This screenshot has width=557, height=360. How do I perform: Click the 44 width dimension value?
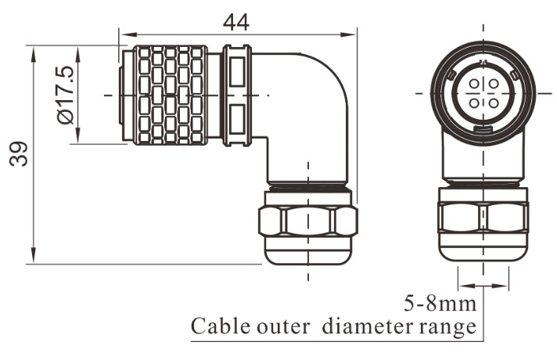[x=235, y=22]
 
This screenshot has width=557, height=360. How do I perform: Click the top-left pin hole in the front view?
[x=475, y=84]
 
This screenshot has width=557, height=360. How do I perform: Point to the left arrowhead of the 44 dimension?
[x=124, y=34]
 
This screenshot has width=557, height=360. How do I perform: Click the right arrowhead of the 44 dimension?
[x=350, y=34]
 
